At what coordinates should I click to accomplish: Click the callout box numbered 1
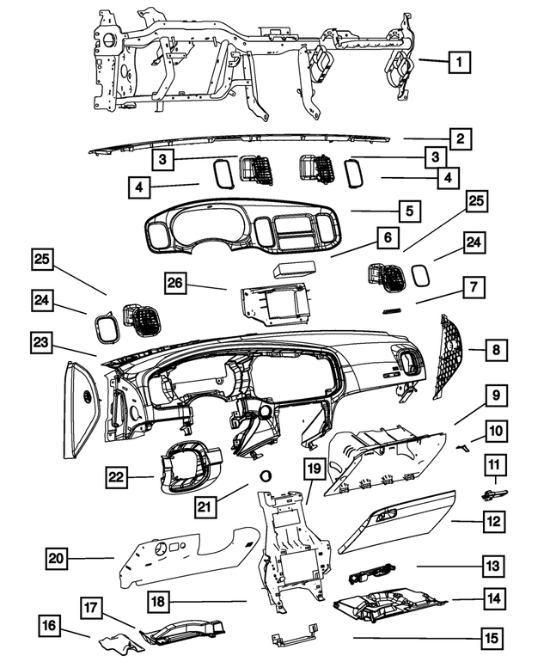click(x=459, y=62)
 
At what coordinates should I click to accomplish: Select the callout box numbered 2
click(x=460, y=138)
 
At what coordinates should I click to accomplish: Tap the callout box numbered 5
click(x=410, y=211)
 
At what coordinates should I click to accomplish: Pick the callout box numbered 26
click(x=175, y=283)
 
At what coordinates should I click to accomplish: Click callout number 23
click(x=41, y=342)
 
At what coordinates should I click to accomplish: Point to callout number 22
click(x=116, y=477)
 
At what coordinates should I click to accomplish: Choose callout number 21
click(x=205, y=506)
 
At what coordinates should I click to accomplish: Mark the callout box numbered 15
click(x=492, y=639)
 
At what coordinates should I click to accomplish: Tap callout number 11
click(x=495, y=464)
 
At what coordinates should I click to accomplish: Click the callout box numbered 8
click(x=497, y=350)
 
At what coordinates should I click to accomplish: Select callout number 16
click(x=49, y=625)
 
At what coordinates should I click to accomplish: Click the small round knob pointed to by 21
click(x=266, y=475)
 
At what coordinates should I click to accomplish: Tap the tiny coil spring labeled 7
click(x=391, y=311)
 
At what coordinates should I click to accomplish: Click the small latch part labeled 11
click(x=494, y=494)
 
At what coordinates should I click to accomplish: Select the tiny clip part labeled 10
click(x=462, y=447)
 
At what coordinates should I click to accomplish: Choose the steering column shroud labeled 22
click(x=188, y=467)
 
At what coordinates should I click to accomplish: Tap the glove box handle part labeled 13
click(x=372, y=573)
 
